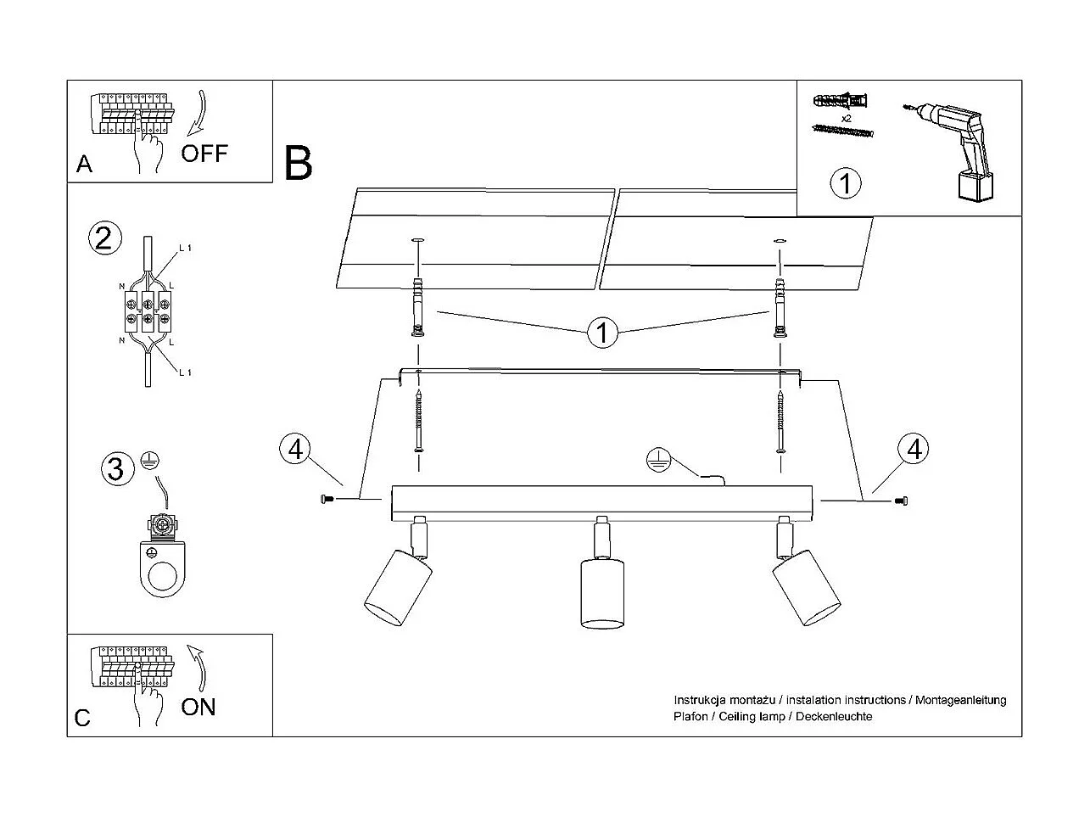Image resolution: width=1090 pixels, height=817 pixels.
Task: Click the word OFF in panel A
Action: (204, 154)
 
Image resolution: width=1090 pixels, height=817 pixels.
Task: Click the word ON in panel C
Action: (198, 707)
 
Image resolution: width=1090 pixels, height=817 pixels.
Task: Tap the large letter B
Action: (299, 163)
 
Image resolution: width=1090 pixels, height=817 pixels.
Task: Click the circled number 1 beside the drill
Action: (845, 183)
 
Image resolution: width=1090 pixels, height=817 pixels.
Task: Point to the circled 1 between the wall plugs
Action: (602, 333)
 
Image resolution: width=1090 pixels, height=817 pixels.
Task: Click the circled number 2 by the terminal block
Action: (103, 238)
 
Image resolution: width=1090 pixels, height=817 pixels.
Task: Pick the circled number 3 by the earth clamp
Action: (116, 469)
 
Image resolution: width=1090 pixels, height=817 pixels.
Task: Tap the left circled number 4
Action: (294, 449)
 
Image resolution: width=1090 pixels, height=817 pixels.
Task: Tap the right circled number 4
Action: (914, 449)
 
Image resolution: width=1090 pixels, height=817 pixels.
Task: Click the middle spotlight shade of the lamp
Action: (602, 593)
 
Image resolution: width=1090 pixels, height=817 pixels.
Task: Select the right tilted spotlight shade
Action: (806, 585)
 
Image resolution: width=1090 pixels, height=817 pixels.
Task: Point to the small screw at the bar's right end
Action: (900, 502)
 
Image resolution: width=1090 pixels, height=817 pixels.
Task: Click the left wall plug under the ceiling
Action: (416, 307)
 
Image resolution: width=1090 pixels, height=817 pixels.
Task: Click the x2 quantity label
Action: (846, 118)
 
